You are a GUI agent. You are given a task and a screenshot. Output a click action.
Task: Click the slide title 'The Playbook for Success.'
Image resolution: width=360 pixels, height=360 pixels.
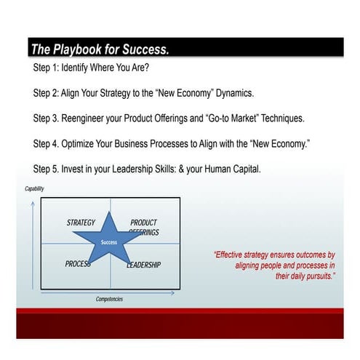(x=100, y=50)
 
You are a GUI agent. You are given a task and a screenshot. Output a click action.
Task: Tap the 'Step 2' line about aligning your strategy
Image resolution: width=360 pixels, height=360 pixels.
(x=143, y=94)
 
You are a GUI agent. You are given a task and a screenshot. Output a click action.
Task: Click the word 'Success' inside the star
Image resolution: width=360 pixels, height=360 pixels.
(x=109, y=242)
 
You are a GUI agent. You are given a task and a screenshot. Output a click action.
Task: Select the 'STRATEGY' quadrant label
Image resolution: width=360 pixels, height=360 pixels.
(x=81, y=223)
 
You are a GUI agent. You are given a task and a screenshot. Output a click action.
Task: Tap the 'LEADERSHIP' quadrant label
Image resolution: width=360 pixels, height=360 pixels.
(x=144, y=265)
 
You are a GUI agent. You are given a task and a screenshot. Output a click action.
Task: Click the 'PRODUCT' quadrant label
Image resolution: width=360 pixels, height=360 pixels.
(x=143, y=223)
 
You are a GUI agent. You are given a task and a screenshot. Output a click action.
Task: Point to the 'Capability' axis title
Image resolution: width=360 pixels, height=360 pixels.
(x=35, y=189)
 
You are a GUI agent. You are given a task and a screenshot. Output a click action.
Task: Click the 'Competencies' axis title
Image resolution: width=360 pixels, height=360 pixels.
(x=109, y=299)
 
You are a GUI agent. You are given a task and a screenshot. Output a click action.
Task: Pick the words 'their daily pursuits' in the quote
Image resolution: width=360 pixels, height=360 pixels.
(x=303, y=276)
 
